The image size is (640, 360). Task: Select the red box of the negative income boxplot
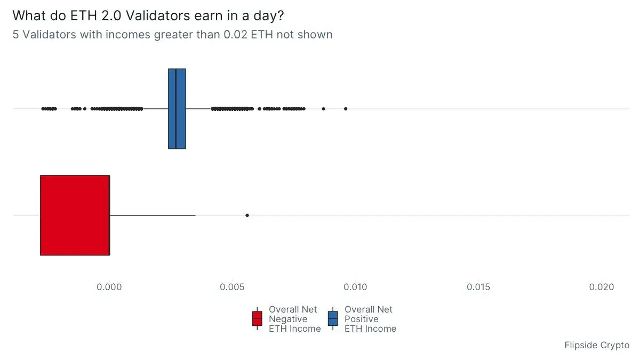[x=75, y=215]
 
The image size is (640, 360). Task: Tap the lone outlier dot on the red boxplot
[x=247, y=215]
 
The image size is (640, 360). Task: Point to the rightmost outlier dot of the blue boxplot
[x=346, y=109]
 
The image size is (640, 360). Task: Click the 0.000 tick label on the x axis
[x=109, y=287]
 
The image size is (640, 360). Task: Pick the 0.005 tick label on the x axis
[x=233, y=287]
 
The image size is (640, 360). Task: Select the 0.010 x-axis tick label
[x=355, y=287]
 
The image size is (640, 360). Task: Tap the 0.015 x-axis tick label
[x=478, y=287]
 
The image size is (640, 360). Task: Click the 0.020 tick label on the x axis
[x=602, y=287]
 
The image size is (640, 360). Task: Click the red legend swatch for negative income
[x=258, y=319]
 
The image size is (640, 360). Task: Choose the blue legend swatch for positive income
[x=333, y=319]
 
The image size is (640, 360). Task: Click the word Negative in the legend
[x=288, y=319]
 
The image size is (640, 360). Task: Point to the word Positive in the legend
[x=362, y=319]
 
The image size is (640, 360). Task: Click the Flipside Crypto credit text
[x=597, y=345]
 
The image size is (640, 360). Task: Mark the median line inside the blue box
[x=175, y=109]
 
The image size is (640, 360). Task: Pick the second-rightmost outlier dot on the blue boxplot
[x=323, y=109]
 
